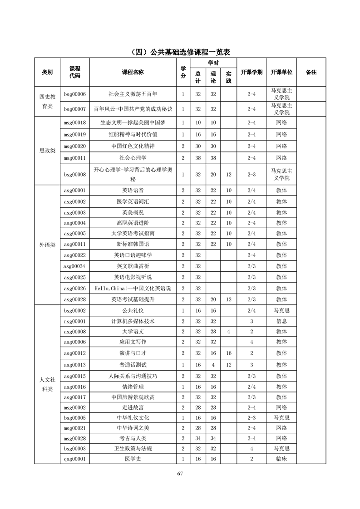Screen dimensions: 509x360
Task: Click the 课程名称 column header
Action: click(133, 72)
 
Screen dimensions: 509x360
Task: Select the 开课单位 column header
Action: click(281, 72)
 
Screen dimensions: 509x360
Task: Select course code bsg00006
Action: click(75, 94)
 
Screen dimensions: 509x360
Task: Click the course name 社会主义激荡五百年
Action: click(133, 94)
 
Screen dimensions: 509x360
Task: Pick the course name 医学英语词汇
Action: click(133, 201)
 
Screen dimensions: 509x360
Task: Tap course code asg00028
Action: click(75, 299)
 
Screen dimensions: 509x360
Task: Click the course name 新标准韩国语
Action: click(133, 245)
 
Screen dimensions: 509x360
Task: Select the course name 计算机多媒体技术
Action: click(133, 321)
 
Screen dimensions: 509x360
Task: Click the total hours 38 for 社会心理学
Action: click(198, 158)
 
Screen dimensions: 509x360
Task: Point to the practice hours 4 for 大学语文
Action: click(228, 332)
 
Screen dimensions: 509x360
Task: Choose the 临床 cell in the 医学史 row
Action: click(281, 459)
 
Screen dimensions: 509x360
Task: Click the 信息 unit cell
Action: click(281, 321)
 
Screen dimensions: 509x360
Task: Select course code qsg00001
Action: click(75, 459)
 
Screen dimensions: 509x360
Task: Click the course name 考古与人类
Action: click(133, 438)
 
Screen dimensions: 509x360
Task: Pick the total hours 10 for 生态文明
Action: click(198, 122)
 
